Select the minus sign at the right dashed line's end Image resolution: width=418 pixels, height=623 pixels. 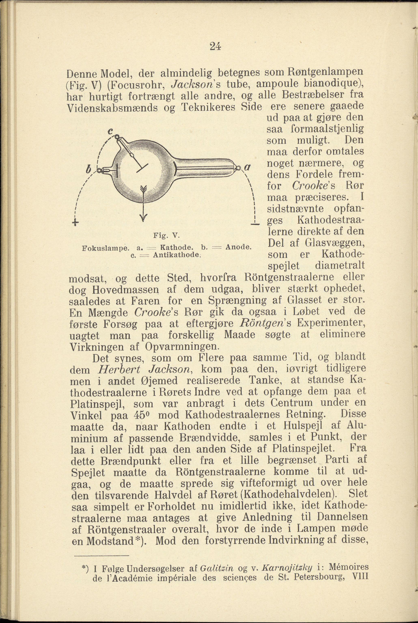[x=255, y=224]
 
